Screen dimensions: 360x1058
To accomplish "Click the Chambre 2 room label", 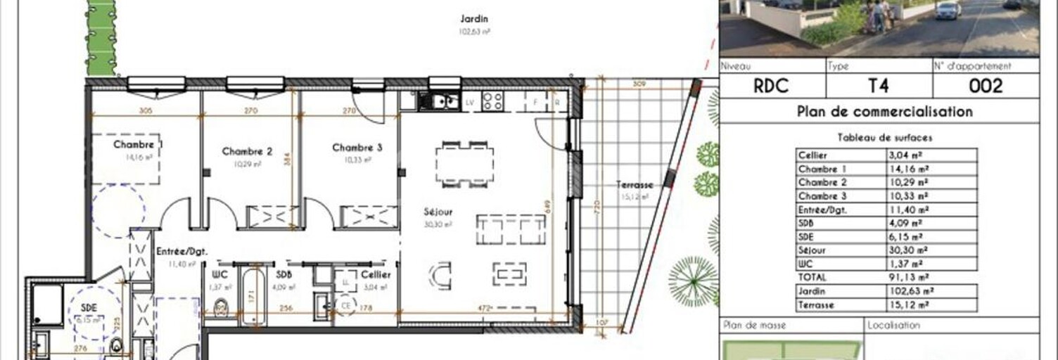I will [247, 151].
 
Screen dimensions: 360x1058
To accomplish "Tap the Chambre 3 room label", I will [357, 148].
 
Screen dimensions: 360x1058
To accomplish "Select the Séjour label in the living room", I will [438, 212].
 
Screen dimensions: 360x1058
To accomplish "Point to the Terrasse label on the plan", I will [635, 185].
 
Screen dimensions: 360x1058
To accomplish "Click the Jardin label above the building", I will [475, 20].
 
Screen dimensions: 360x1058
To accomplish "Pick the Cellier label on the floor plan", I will [376, 275].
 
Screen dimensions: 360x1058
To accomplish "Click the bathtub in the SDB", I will [253, 295].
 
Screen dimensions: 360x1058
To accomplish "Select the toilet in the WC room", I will [221, 307].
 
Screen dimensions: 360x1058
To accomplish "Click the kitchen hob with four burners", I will [492, 101].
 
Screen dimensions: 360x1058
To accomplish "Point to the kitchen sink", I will [440, 101].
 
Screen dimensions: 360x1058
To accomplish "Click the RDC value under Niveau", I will [771, 86].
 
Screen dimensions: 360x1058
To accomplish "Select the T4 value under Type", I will [879, 86].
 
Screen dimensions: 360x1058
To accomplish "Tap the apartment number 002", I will [986, 86].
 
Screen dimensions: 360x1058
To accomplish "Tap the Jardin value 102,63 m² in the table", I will [912, 291].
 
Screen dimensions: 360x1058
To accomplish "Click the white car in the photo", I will [948, 10].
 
